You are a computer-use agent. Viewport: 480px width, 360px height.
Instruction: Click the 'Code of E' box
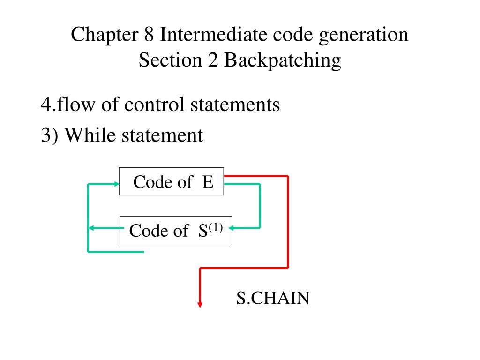tap(172, 181)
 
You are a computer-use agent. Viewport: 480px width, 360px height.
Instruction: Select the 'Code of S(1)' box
tap(176, 230)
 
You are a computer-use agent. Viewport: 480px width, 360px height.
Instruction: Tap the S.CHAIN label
tap(272, 298)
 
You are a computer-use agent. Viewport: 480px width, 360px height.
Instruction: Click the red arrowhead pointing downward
tap(200, 304)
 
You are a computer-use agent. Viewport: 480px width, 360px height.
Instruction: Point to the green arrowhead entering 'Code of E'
tap(116, 184)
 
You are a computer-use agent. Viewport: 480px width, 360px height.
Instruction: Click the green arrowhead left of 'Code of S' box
tap(92, 228)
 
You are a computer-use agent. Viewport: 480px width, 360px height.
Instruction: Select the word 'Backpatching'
tap(282, 60)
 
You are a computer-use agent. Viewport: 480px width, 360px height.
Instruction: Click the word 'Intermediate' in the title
tap(209, 35)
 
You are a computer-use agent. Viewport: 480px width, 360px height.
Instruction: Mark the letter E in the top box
tap(208, 181)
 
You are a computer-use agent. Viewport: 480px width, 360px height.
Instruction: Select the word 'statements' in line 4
tap(235, 105)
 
